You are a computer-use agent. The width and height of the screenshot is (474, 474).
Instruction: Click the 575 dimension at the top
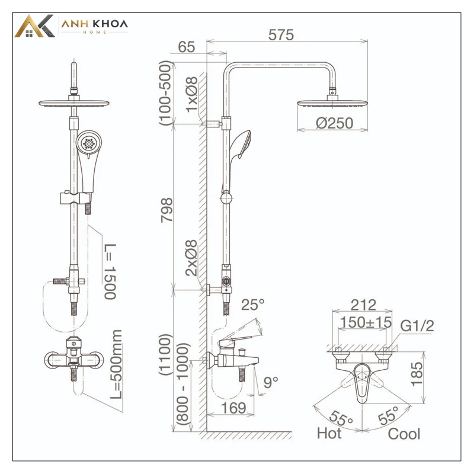[281, 35]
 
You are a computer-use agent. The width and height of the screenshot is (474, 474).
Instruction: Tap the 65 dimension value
[187, 47]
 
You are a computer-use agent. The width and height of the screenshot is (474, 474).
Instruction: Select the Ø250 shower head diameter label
[334, 123]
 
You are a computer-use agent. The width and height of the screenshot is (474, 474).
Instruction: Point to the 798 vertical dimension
[166, 210]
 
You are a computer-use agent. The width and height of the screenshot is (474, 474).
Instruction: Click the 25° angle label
[253, 305]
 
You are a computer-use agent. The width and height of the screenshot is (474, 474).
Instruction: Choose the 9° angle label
[271, 382]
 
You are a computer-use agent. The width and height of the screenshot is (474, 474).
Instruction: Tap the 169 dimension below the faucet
[233, 408]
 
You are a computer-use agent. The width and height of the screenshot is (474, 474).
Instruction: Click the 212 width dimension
[363, 305]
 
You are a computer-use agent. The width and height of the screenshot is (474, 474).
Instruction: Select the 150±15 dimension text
[366, 322]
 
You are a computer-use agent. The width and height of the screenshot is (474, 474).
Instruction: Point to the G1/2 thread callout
[417, 325]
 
